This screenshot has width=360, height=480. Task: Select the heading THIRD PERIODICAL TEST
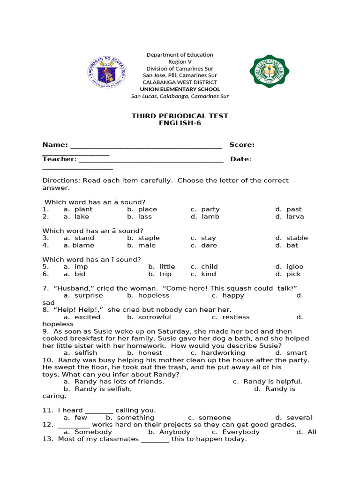click(x=180, y=116)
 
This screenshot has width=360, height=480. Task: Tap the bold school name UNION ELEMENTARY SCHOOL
click(x=180, y=89)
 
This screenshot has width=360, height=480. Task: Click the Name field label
click(x=55, y=145)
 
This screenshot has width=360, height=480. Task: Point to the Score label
click(x=242, y=145)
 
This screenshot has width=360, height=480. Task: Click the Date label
click(x=240, y=159)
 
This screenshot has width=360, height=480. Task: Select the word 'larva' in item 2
click(x=295, y=217)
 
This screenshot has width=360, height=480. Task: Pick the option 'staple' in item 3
click(x=149, y=238)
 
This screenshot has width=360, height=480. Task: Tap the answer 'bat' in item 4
click(x=292, y=245)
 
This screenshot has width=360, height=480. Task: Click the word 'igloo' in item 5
click(x=295, y=267)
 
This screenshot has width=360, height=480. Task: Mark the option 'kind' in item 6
click(x=209, y=274)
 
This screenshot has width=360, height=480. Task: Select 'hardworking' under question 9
click(x=223, y=352)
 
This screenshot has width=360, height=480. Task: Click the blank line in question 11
click(x=99, y=410)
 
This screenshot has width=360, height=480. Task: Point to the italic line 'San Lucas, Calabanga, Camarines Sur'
click(x=180, y=96)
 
